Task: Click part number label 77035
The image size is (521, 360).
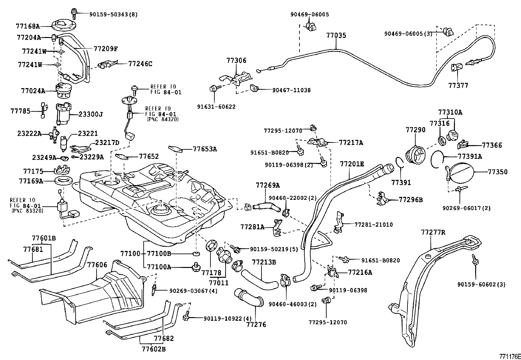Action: (336, 35)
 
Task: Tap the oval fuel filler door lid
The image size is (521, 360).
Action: (461, 172)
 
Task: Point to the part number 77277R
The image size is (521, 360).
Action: (433, 233)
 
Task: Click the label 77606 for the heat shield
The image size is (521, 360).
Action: (97, 265)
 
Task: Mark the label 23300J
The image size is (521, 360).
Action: (91, 114)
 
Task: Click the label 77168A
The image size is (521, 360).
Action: (27, 26)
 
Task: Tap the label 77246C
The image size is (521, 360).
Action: (140, 64)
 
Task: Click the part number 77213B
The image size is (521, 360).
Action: (264, 262)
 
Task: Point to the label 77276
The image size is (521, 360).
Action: (256, 325)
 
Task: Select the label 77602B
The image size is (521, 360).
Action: (153, 349)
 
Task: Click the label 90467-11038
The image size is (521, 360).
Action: (291, 90)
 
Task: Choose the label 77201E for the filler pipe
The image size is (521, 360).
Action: (352, 164)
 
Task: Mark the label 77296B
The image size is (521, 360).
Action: (411, 199)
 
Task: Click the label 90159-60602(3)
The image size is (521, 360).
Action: (481, 284)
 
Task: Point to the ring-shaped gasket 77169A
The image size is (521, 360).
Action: (61, 180)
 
